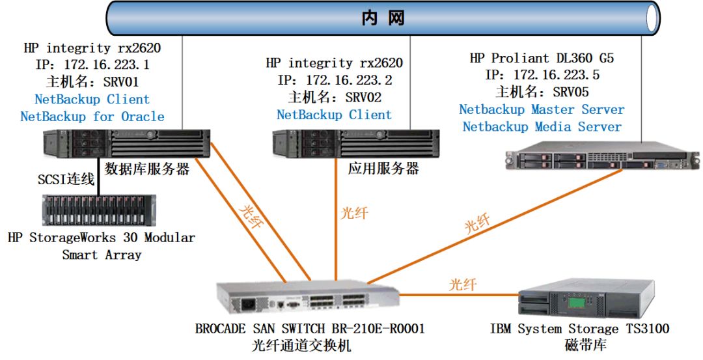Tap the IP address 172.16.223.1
click(107, 65)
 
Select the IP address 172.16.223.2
click(348, 81)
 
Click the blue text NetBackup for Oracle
click(92, 117)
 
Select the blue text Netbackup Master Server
click(542, 109)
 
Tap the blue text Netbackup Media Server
click(542, 127)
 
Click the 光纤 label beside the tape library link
click(463, 284)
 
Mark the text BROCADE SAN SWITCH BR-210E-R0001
click(309, 329)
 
